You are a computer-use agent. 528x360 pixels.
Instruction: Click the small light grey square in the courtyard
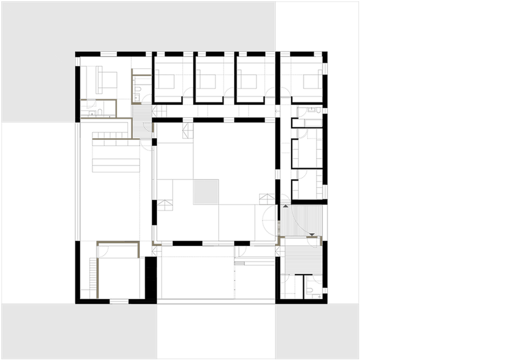coord(206,191)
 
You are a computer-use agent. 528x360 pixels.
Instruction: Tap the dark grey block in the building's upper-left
coord(141,121)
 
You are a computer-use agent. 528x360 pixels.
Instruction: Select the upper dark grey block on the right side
coord(301,220)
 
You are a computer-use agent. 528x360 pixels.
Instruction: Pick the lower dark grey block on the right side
coord(303,260)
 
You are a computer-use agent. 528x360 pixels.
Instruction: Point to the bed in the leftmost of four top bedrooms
coord(166,81)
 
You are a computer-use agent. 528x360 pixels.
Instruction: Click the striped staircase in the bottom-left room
coord(93,277)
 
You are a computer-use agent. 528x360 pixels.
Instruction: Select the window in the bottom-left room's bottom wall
coord(119,300)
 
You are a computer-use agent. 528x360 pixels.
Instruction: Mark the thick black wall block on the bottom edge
coord(151,279)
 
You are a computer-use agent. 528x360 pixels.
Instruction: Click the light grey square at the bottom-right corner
coord(317,331)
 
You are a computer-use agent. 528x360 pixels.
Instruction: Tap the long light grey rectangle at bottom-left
coord(79,331)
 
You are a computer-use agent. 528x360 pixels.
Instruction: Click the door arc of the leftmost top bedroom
coord(189,94)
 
